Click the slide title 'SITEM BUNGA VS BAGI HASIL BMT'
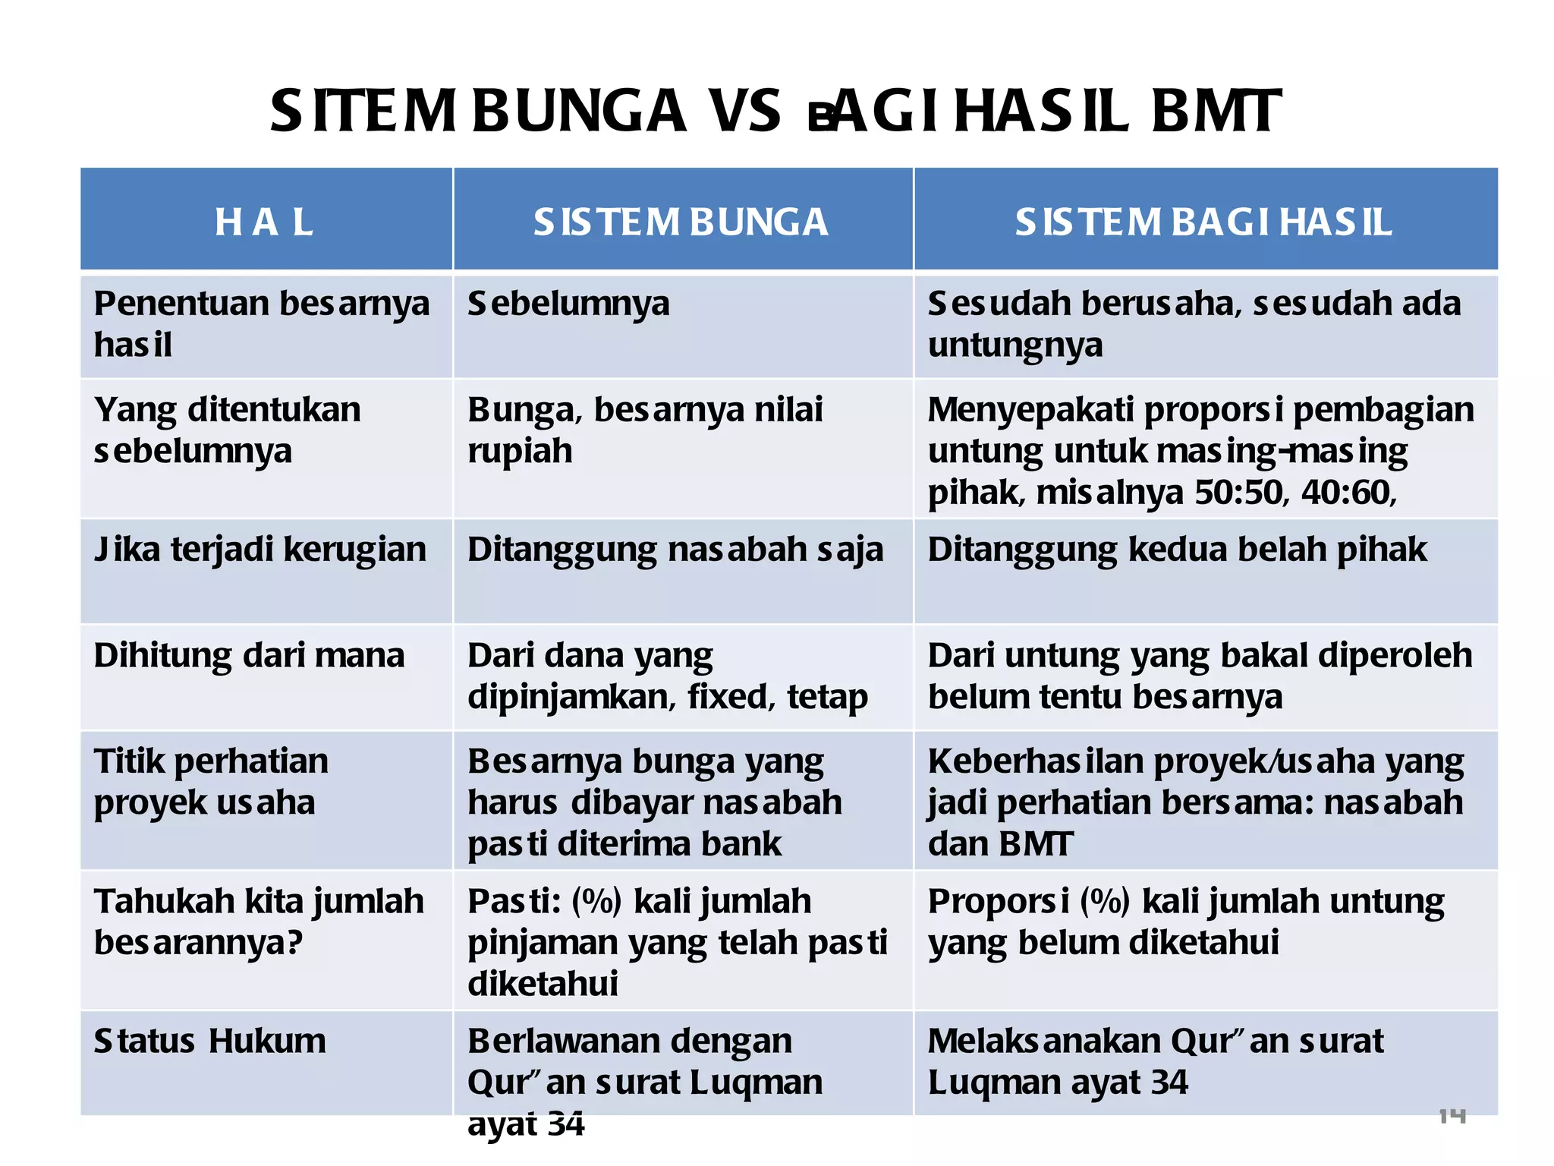775,112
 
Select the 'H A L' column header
263,222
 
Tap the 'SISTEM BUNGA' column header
680,222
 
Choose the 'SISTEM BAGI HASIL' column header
1203,222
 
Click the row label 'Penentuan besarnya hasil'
261,324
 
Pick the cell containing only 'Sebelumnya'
568,304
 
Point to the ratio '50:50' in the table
1238,493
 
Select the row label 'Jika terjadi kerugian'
260,550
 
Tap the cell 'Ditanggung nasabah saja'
675,550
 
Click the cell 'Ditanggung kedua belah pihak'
1177,550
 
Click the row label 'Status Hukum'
209,1041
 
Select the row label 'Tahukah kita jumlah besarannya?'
258,922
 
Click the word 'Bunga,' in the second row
524,411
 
